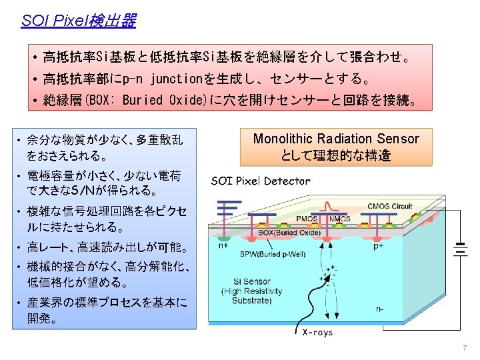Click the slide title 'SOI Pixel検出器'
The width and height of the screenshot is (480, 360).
tap(78, 21)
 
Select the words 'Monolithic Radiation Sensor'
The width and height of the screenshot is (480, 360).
tap(336, 139)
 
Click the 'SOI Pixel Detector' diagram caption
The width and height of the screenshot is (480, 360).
tap(261, 181)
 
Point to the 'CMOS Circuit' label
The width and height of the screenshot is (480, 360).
tap(390, 206)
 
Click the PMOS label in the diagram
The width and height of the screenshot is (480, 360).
tap(306, 218)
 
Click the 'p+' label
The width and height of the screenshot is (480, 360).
tap(377, 245)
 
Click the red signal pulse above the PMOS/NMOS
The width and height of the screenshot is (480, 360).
tap(325, 206)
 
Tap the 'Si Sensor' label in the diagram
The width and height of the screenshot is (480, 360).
tap(243, 281)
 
